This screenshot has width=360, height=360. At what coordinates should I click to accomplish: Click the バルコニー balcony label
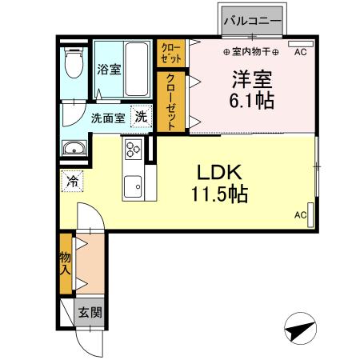(x=253, y=21)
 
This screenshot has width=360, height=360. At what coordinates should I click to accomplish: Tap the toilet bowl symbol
(x=74, y=63)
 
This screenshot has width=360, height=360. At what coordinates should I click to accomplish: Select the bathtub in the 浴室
(x=136, y=69)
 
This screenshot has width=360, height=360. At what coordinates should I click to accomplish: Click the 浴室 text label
(x=109, y=70)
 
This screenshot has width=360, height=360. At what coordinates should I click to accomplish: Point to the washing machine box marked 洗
(x=142, y=116)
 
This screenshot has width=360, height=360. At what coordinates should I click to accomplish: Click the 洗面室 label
(x=108, y=118)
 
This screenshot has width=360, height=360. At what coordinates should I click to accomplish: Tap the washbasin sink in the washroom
(x=74, y=148)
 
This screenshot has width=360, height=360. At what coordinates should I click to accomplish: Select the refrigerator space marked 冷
(x=72, y=181)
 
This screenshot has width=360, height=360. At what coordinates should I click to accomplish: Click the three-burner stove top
(x=134, y=150)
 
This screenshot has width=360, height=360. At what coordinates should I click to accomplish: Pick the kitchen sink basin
(x=133, y=186)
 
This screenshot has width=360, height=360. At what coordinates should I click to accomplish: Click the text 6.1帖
(x=252, y=101)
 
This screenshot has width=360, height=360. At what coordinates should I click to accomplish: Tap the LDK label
(x=219, y=172)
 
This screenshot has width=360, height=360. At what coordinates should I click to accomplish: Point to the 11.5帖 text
(x=219, y=194)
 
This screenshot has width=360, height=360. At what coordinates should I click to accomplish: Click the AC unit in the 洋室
(x=301, y=44)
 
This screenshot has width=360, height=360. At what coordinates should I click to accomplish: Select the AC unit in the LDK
(x=310, y=215)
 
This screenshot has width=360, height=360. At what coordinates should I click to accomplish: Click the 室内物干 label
(x=251, y=52)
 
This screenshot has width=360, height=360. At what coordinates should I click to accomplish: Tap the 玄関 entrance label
(x=90, y=312)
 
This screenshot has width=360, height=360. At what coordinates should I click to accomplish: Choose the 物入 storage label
(x=65, y=263)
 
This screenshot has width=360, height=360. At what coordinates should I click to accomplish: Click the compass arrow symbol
(x=301, y=329)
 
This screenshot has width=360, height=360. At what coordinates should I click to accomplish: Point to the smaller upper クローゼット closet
(x=170, y=54)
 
